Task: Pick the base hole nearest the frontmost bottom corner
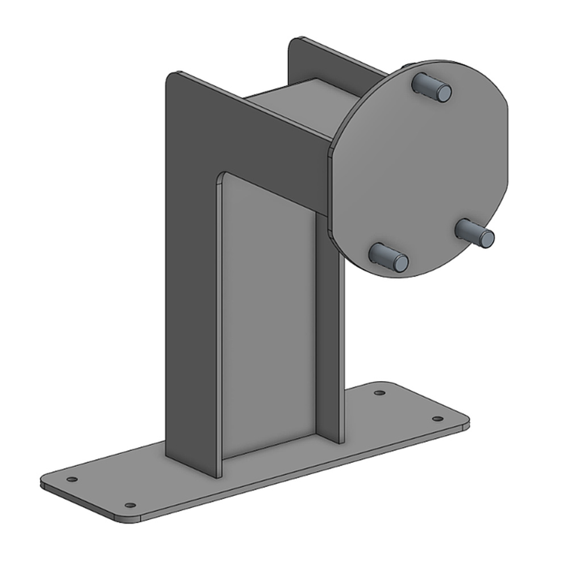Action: pos(130,505)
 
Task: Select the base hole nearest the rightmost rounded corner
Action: pos(437,419)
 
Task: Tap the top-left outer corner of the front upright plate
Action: pos(171,76)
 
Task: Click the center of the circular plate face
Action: pos(420,170)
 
